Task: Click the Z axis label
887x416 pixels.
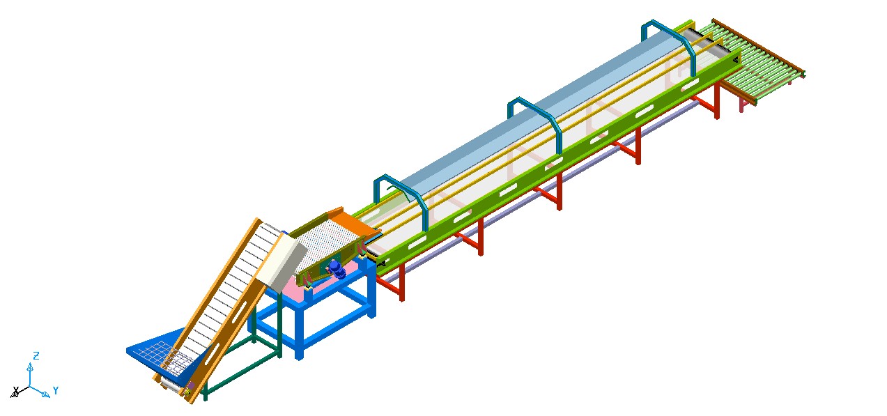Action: pos(36,355)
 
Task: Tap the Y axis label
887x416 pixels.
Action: pos(56,391)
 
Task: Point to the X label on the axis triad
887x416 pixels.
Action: pos(16,390)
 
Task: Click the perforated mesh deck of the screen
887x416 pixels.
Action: pos(329,242)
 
